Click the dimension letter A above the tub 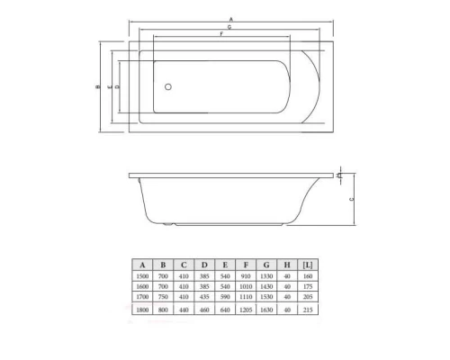[230, 19]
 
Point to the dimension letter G [230, 27]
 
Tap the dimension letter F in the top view [220, 34]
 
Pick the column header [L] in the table [310, 265]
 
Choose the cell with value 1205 [246, 309]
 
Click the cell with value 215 [310, 309]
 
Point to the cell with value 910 [246, 275]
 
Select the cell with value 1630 [267, 309]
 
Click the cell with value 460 [203, 309]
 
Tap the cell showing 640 [225, 309]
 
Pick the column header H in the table [288, 265]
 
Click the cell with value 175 [310, 285]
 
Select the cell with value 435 [203, 295]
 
